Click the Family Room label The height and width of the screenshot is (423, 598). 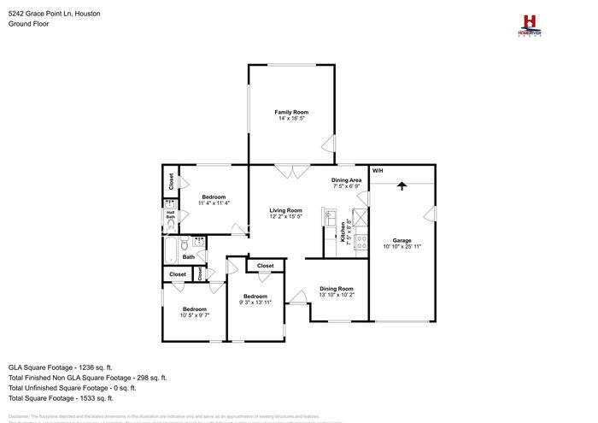(290, 112)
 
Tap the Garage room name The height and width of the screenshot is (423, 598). (402, 240)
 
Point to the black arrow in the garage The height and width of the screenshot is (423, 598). (402, 185)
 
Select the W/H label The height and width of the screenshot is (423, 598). (377, 171)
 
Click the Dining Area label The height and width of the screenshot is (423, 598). (346, 179)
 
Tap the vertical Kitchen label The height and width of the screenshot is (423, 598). (343, 232)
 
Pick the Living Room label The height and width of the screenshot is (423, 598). (286, 210)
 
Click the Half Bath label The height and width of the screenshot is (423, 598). (170, 216)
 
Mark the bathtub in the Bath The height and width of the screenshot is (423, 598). (171, 250)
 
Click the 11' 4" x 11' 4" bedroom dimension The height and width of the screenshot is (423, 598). (214, 203)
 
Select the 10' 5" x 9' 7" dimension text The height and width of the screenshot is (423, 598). (194, 315)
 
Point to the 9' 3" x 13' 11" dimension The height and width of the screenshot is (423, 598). (255, 303)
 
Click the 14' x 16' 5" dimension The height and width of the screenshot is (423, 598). (290, 119)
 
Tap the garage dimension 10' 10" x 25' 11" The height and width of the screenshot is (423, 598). (402, 247)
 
